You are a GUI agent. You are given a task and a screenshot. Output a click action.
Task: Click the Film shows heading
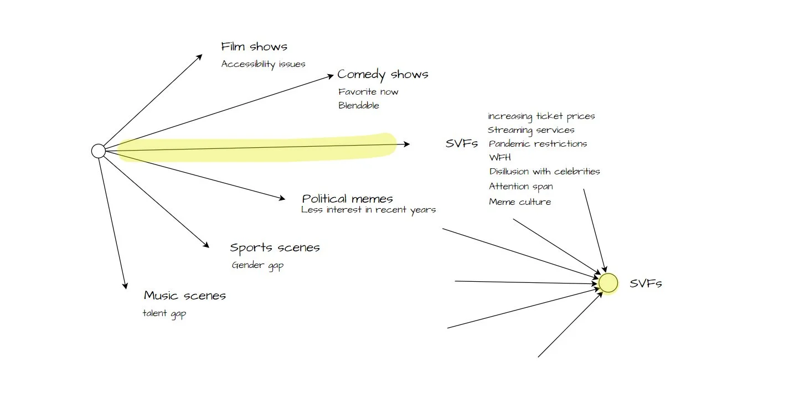[x=254, y=47]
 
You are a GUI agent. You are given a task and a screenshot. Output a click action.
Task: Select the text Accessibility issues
[x=263, y=64]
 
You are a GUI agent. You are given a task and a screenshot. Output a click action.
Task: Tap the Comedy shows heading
[x=383, y=74]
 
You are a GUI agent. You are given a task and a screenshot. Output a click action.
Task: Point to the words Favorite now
[x=368, y=92]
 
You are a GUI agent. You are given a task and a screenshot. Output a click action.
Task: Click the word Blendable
[x=359, y=106]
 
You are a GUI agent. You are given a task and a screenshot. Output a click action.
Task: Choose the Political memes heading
[x=347, y=199]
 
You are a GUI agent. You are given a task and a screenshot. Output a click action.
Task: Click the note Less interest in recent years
[x=368, y=210]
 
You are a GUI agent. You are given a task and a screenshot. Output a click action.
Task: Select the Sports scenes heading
[x=275, y=247]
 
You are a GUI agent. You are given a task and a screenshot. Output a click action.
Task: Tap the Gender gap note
[x=257, y=265]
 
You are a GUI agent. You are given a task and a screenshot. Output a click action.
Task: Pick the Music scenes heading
[x=184, y=296]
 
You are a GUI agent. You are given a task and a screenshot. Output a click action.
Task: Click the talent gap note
[x=164, y=314]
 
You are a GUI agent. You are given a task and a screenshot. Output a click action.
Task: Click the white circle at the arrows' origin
[x=98, y=151]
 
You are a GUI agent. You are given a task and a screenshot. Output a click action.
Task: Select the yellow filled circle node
[x=608, y=283]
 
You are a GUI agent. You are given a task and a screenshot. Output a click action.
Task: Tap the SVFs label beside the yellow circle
[x=646, y=284]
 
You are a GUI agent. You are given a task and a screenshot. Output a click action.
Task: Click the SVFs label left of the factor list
[x=461, y=144]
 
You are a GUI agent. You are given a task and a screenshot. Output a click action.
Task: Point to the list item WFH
[x=500, y=158]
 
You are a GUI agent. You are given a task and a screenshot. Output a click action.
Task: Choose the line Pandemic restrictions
[x=538, y=144]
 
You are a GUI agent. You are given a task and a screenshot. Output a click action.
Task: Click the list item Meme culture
[x=520, y=202]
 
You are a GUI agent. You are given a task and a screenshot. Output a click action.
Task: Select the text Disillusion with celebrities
[x=544, y=172]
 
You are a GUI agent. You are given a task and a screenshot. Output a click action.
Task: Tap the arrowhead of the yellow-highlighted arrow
[x=407, y=144]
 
